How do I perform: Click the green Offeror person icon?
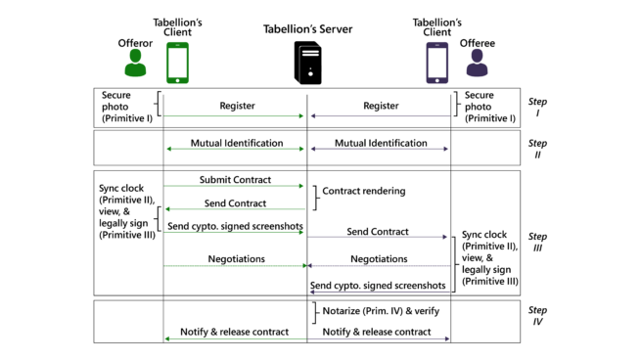[135, 64]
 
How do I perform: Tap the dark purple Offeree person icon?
[477, 64]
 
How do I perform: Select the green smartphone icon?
[177, 64]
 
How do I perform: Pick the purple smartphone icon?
[437, 64]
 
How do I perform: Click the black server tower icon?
[307, 63]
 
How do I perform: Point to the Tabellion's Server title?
[307, 28]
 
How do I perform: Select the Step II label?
[537, 149]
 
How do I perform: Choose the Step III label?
[537, 242]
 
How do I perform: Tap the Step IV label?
[537, 316]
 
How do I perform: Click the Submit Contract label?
[236, 180]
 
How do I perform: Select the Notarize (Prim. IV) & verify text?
[381, 311]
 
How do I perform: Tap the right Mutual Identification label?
[381, 143]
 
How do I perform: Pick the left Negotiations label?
[236, 259]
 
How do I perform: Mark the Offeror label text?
[135, 43]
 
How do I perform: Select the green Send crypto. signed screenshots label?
[235, 226]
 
